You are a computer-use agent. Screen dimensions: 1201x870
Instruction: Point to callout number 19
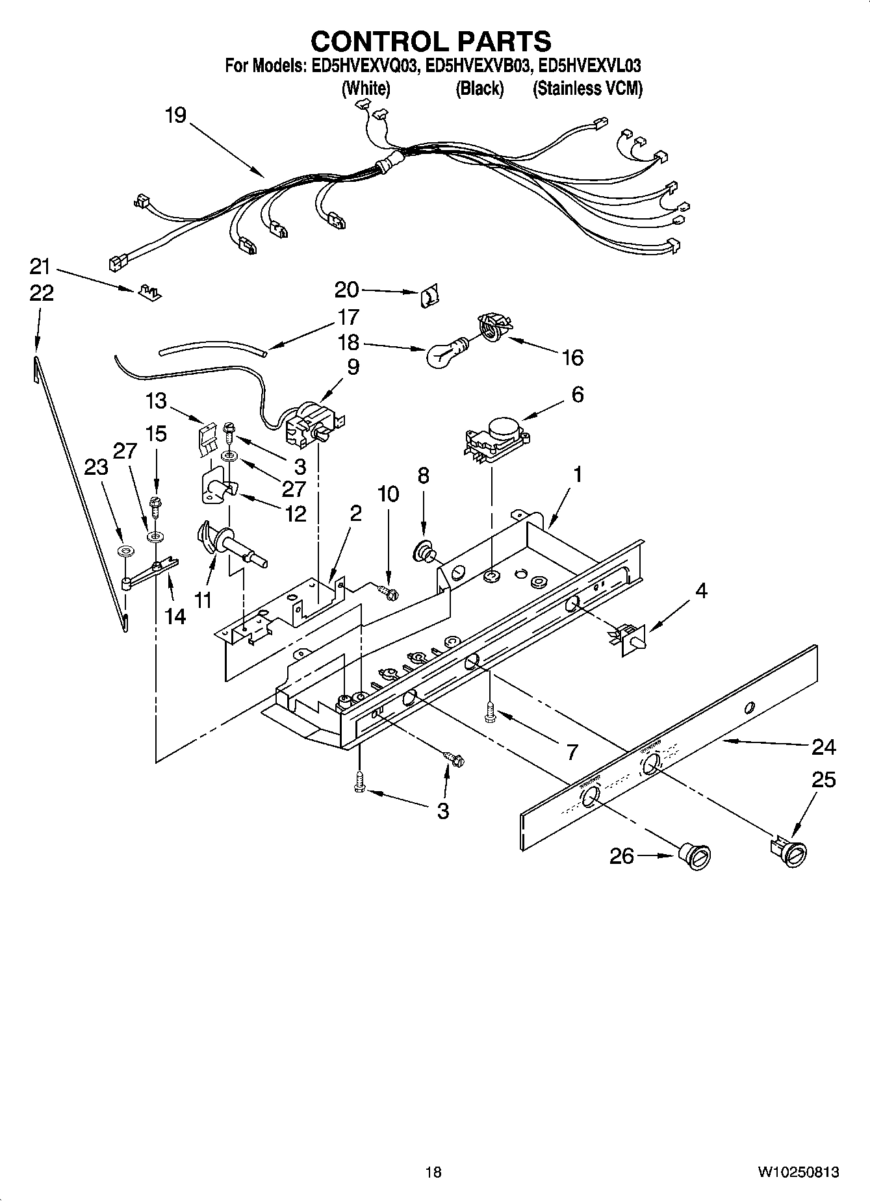coord(175,116)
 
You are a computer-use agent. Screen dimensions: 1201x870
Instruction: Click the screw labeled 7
coord(489,714)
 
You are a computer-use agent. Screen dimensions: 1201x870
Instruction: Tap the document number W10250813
coord(797,1171)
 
